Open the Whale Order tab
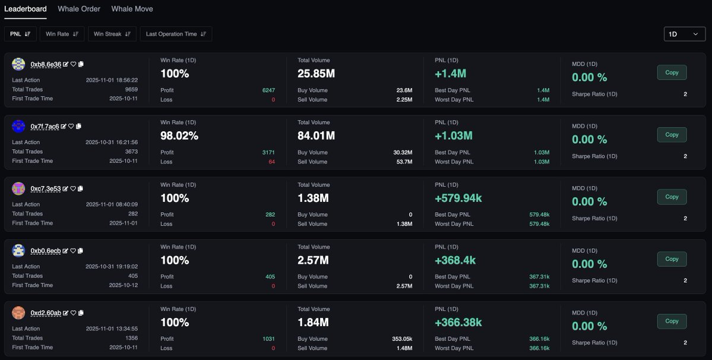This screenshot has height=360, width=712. tap(79, 9)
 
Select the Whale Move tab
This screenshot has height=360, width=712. tap(132, 9)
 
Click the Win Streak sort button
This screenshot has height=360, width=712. tap(112, 34)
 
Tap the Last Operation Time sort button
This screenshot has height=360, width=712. tap(176, 34)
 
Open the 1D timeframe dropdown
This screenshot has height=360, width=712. tap(684, 34)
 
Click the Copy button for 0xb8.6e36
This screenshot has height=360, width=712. tap(672, 72)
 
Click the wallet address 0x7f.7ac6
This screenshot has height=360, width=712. tap(45, 127)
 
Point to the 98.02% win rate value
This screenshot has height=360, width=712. tap(179, 136)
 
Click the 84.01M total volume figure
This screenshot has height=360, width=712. tap(316, 136)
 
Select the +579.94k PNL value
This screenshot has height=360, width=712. tap(458, 198)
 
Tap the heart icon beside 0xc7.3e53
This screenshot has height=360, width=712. tap(73, 188)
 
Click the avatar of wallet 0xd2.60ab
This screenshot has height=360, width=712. tap(18, 312)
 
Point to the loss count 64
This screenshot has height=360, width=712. tap(271, 162)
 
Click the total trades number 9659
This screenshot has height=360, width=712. tap(131, 89)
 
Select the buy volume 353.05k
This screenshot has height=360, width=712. tap(401, 339)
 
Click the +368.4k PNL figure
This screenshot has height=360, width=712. tap(455, 260)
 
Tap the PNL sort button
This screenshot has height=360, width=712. tap(20, 34)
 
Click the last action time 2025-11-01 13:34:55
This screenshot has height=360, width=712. tap(112, 329)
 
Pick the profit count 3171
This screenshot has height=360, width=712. tap(268, 153)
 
